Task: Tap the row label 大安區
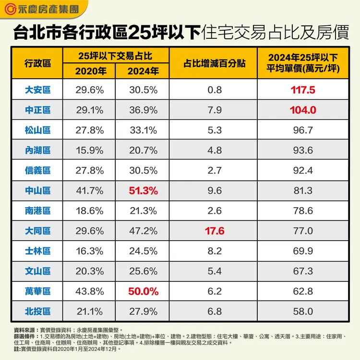click(37, 90)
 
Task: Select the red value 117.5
click(303, 90)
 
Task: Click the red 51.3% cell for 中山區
click(143, 190)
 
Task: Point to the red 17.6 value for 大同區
click(214, 231)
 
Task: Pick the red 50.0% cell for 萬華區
click(143, 291)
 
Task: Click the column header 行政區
click(37, 63)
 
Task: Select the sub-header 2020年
click(89, 71)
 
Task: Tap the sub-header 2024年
click(143, 71)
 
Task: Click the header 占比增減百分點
click(214, 63)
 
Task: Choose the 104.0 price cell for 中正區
click(303, 110)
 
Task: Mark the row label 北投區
click(37, 311)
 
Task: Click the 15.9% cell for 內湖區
click(89, 150)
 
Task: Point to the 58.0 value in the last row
click(303, 311)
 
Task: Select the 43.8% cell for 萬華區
click(89, 291)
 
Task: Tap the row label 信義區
click(37, 170)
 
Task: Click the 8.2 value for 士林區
click(214, 251)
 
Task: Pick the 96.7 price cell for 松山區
click(303, 130)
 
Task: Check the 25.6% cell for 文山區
click(143, 271)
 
